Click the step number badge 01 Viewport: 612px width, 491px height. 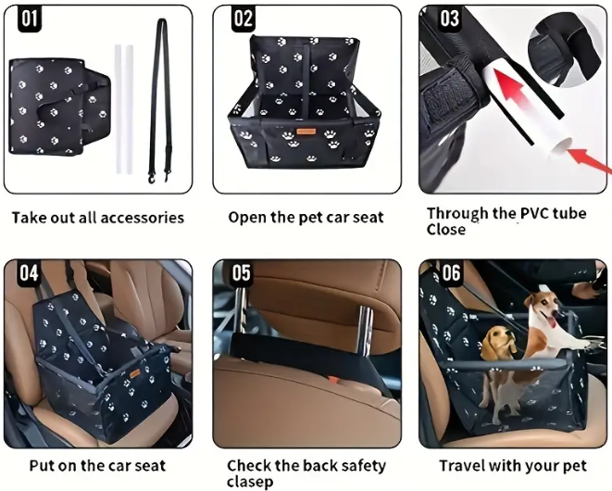click(x=30, y=19)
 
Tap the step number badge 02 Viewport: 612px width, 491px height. click(x=244, y=19)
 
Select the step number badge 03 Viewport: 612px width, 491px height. click(x=449, y=19)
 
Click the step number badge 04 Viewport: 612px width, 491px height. click(x=30, y=272)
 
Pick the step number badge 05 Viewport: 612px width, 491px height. click(x=242, y=272)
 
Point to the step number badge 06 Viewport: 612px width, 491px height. click(x=451, y=272)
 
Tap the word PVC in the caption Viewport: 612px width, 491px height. click(x=534, y=213)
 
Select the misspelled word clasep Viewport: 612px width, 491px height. click(x=250, y=482)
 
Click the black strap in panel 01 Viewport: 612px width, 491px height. click(x=161, y=97)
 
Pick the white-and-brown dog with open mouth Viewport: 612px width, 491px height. click(x=554, y=329)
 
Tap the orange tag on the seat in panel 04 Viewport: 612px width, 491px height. click(x=135, y=373)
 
